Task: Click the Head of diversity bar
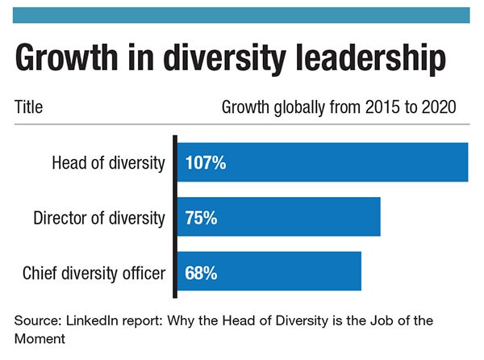click(323, 162)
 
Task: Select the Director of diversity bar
click(279, 217)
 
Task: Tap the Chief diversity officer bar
click(269, 272)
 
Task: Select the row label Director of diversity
click(99, 218)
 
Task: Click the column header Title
click(28, 107)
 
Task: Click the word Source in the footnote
click(35, 320)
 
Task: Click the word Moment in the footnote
click(37, 337)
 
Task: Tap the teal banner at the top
click(242, 15)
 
